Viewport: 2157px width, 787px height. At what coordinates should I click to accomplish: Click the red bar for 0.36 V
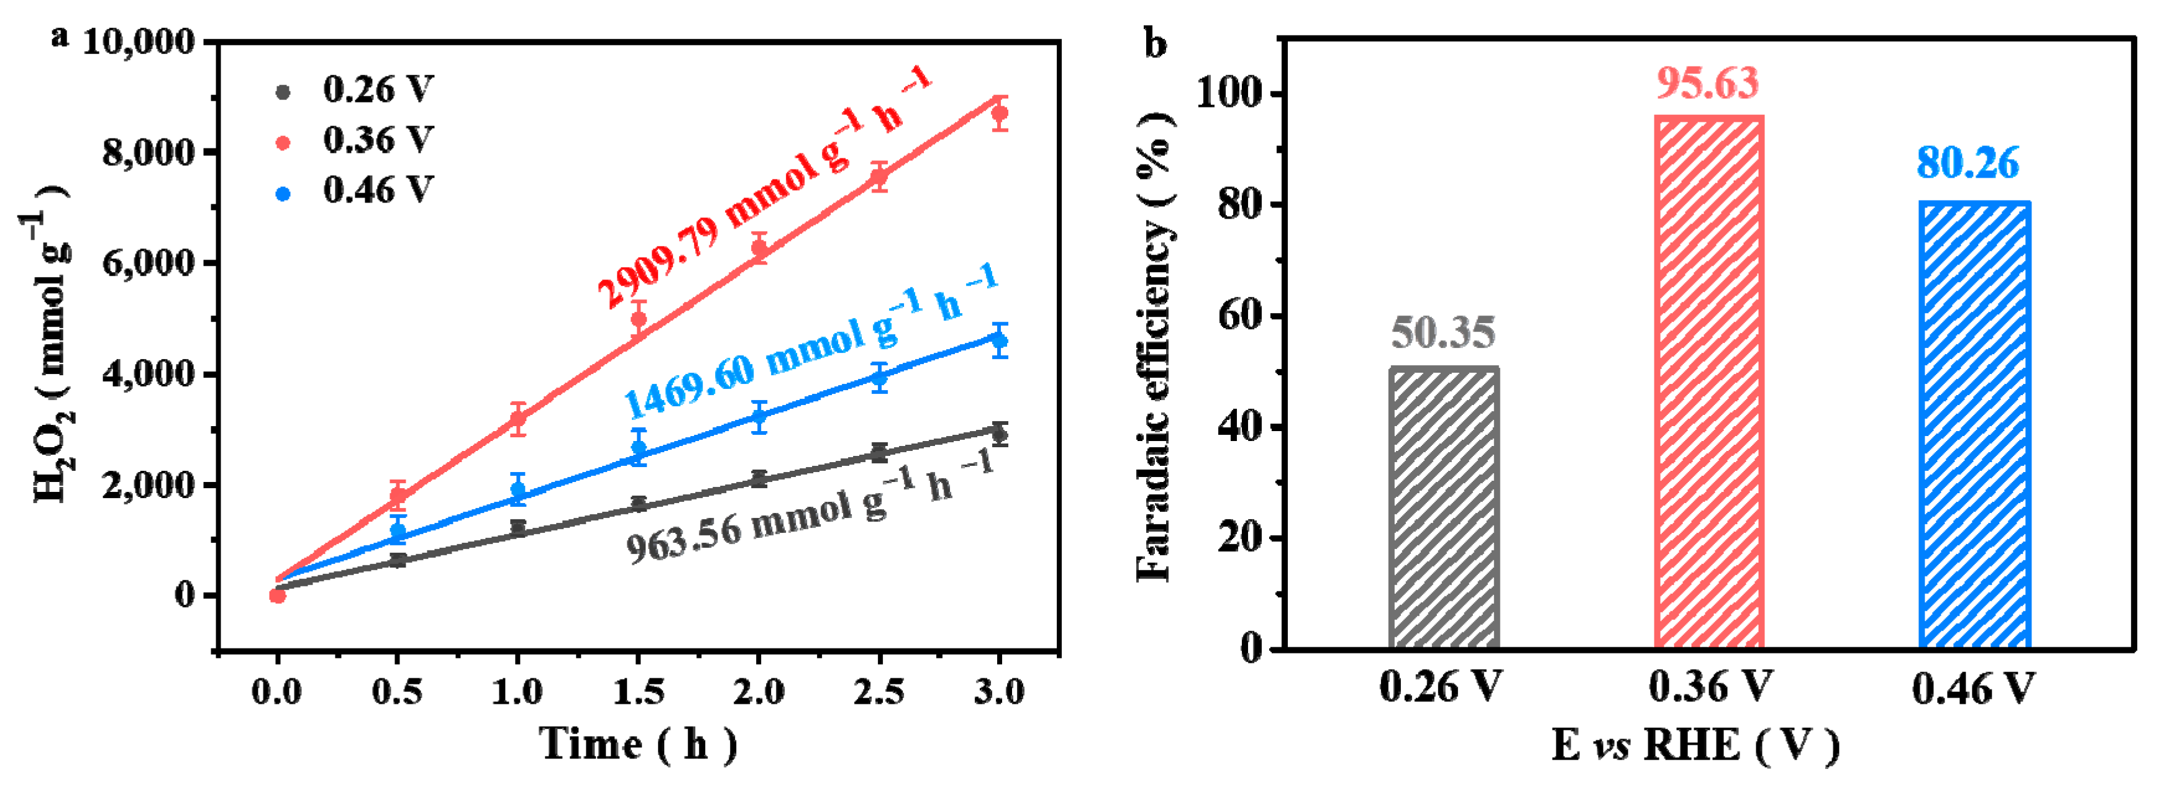(1708, 382)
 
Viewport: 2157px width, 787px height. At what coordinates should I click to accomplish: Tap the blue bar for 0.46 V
(1974, 424)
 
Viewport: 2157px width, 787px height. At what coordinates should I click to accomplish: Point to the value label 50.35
(1443, 332)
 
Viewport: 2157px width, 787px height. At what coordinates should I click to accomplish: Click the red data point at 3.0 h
(999, 113)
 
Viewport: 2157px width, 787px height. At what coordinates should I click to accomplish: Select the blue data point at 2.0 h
(759, 416)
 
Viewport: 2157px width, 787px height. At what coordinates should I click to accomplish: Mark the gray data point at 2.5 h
(878, 453)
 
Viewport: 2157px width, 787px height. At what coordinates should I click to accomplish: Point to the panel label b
(1156, 43)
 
